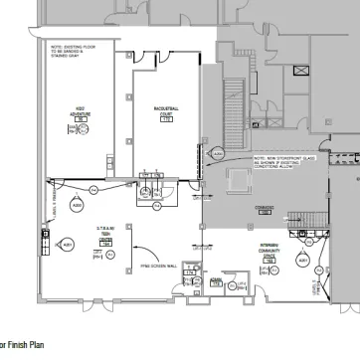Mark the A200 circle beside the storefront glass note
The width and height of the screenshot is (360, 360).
click(218, 153)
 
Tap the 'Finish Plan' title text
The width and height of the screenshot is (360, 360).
click(20, 345)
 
